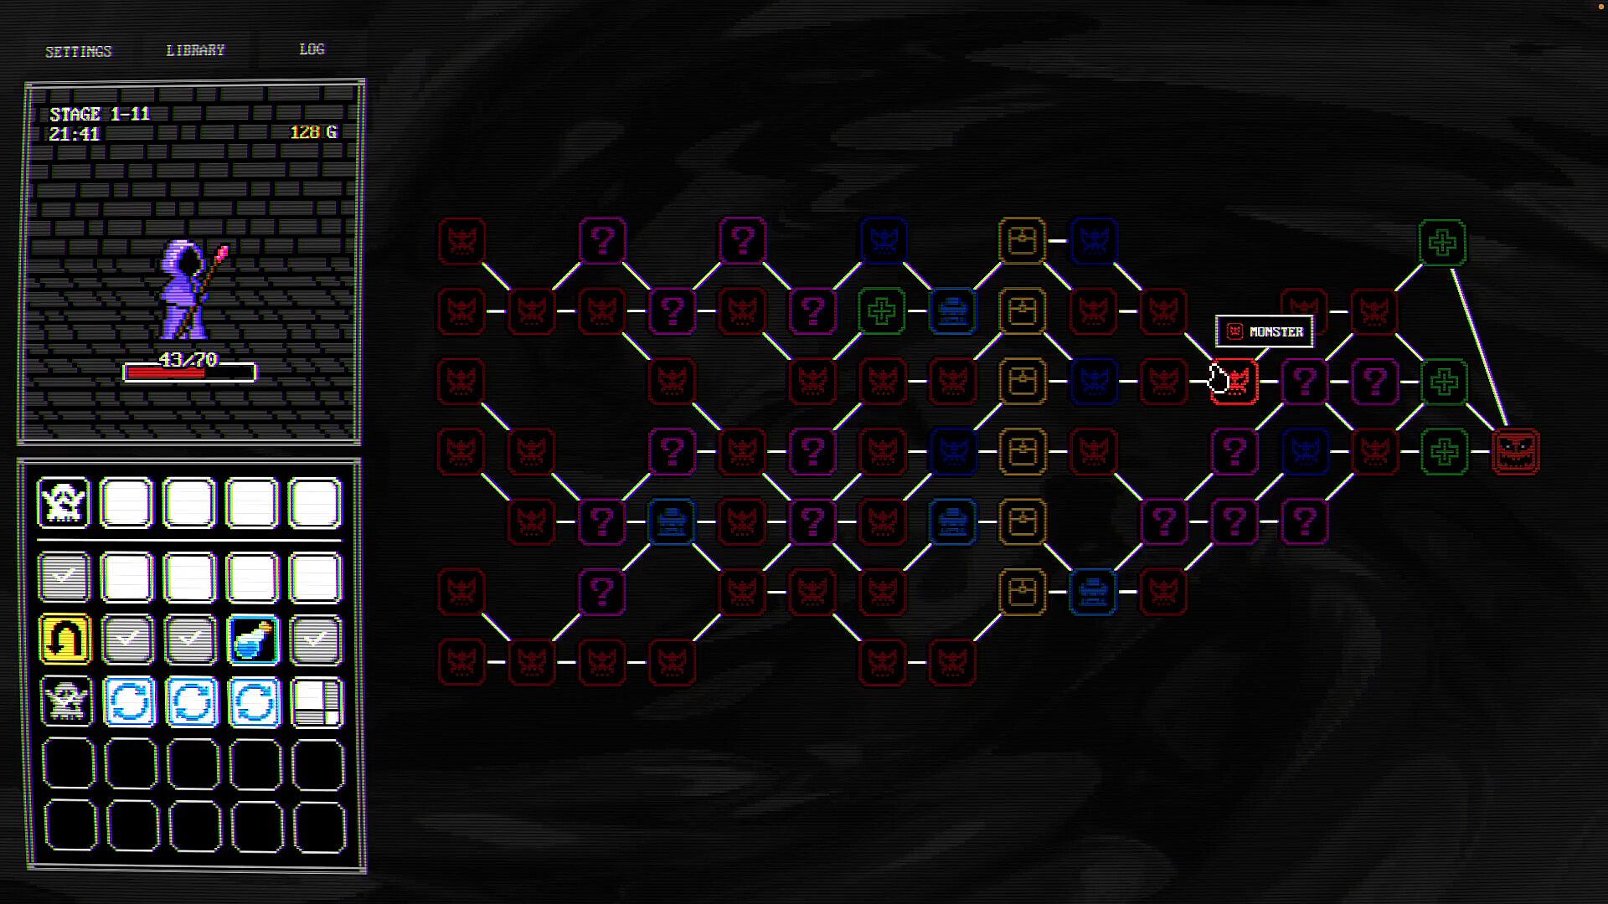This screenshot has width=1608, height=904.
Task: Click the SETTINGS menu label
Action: [x=78, y=52]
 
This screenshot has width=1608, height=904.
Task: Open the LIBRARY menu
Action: [x=195, y=51]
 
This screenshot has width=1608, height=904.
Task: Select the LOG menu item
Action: [x=312, y=49]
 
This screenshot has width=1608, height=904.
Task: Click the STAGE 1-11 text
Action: [x=100, y=115]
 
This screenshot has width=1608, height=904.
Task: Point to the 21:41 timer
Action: [x=75, y=134]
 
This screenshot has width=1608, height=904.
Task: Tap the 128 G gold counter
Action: [x=313, y=132]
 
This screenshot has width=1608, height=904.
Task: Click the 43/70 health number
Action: [x=188, y=360]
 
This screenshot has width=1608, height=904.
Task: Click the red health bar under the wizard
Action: [x=165, y=373]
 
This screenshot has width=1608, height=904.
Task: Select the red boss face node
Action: [x=1515, y=452]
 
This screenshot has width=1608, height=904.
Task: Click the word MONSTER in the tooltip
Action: [x=1276, y=332]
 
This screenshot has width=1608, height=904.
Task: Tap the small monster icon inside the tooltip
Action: [x=1234, y=331]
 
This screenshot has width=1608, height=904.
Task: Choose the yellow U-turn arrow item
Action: [x=64, y=639]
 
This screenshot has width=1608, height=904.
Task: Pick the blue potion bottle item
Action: [x=253, y=639]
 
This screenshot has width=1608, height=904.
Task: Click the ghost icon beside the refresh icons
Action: [x=64, y=701]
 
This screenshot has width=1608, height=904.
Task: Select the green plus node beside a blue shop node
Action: [x=881, y=311]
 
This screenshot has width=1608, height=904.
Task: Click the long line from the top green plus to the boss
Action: [x=1479, y=347]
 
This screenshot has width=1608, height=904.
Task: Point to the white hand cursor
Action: [x=1219, y=379]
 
